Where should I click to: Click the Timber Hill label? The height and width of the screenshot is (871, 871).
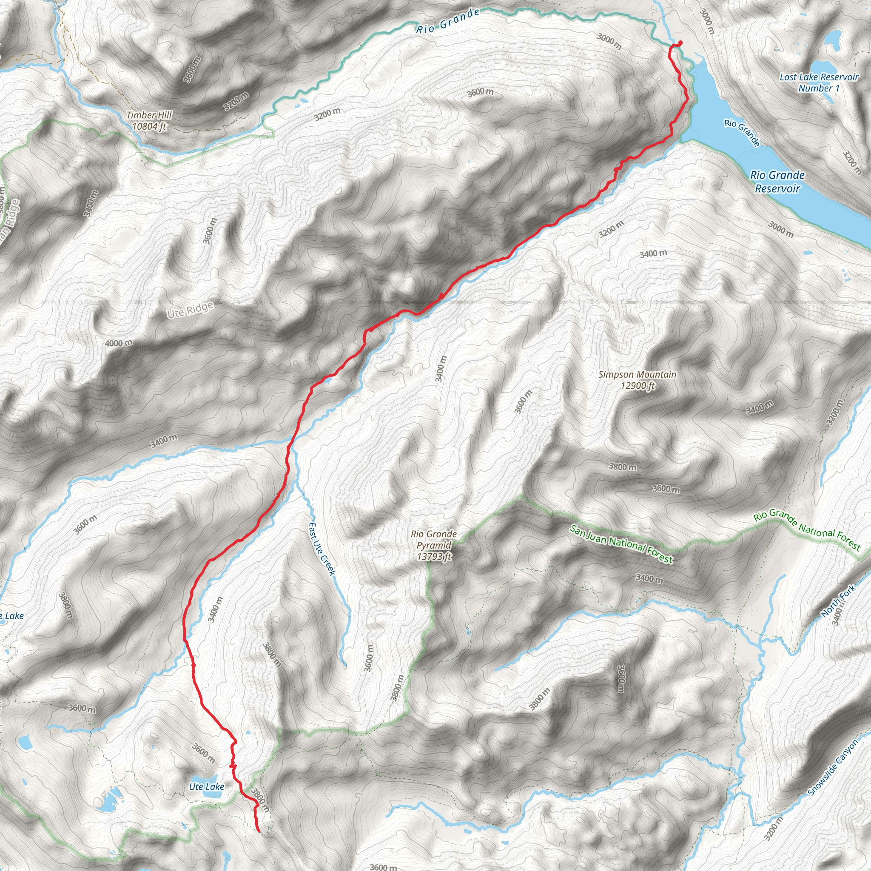click(x=149, y=115)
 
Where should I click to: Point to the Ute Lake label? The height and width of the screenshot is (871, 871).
click(x=206, y=787)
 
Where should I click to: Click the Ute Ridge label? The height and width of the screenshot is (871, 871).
click(x=190, y=310)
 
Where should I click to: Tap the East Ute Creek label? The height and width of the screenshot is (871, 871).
click(x=322, y=549)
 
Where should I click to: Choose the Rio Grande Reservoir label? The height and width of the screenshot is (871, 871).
click(x=777, y=181)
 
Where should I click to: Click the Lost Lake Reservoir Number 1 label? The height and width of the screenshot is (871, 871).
click(x=819, y=83)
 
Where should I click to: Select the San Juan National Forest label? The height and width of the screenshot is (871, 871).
click(x=621, y=545)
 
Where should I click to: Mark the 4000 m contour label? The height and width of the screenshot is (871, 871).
click(x=119, y=344)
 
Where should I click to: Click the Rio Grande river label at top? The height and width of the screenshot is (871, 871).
click(x=448, y=22)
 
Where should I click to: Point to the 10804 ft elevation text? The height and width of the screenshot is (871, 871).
click(x=149, y=126)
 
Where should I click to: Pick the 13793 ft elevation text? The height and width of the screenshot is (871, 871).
click(x=434, y=557)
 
